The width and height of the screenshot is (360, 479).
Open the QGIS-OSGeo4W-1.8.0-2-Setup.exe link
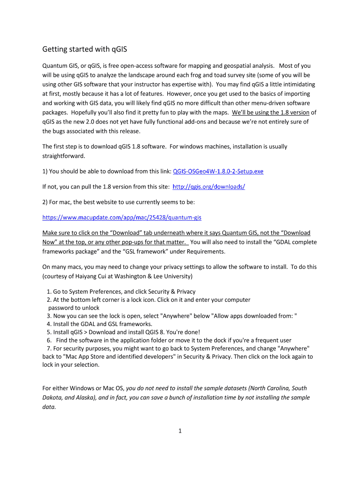click(x=218, y=171)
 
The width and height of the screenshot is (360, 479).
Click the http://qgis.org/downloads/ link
click(x=209, y=187)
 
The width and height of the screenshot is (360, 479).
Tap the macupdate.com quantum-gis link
click(x=122, y=218)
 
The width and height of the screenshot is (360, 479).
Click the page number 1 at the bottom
click(x=180, y=431)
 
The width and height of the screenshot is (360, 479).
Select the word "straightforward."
click(x=62, y=155)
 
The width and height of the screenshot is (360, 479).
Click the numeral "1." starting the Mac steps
click(x=49, y=291)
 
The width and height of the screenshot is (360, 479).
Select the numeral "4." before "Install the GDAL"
click(x=49, y=324)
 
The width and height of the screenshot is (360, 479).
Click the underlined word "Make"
click(x=50, y=232)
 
